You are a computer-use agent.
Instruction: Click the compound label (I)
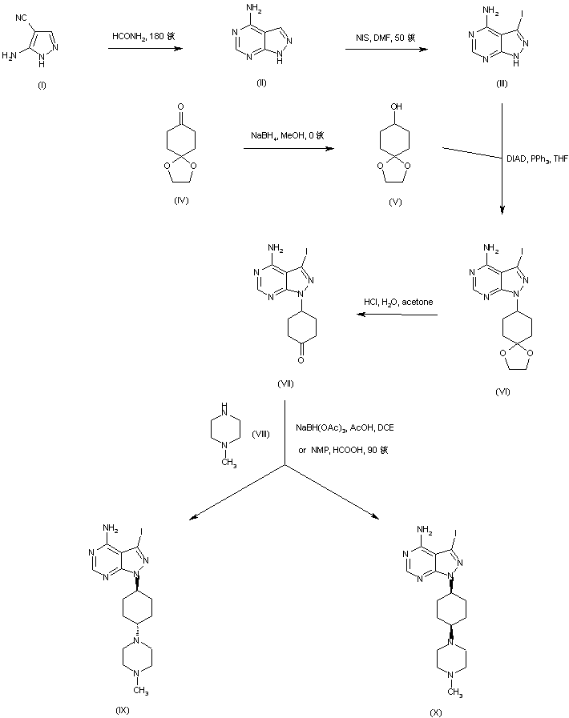(42, 86)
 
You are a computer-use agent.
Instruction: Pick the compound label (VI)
(502, 391)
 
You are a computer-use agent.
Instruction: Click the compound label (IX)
(122, 709)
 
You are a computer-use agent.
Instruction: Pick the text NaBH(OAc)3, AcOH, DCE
(345, 428)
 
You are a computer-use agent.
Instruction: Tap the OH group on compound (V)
(394, 105)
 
